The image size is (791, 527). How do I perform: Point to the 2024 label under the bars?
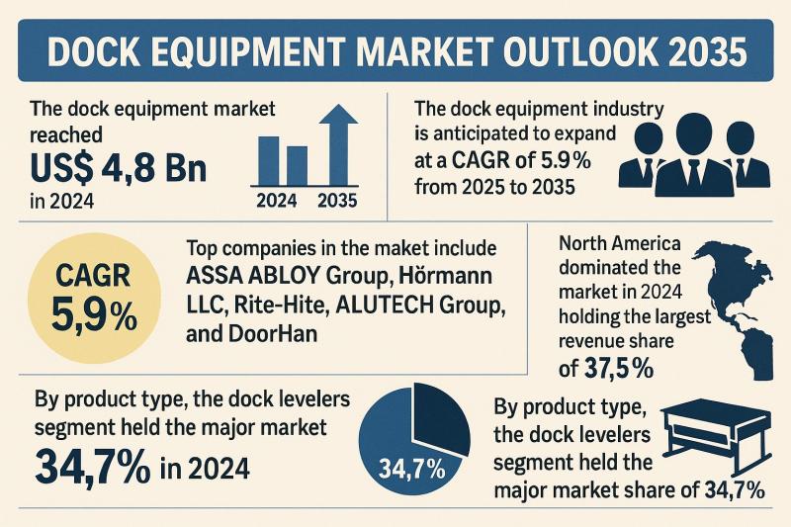click(277, 202)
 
